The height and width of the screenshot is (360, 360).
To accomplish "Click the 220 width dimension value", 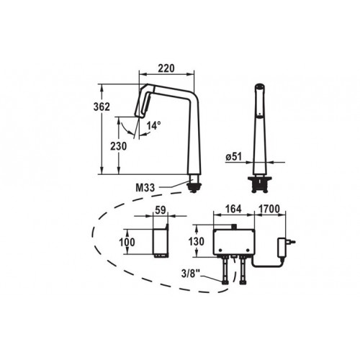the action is (166, 68).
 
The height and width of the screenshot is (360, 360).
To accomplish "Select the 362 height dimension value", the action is (102, 107).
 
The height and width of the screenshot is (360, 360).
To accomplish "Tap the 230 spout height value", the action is (118, 146).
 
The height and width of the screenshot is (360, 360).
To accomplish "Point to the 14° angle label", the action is (153, 125).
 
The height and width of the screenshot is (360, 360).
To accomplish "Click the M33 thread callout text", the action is (145, 187).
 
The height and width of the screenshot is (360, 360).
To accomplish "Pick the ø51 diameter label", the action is (233, 157).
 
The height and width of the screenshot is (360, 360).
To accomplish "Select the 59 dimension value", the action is (161, 210).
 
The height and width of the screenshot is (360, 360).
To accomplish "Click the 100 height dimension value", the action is (127, 242).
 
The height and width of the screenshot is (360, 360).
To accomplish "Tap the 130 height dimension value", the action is (197, 241).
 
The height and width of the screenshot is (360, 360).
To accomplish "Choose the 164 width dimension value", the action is (234, 209).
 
